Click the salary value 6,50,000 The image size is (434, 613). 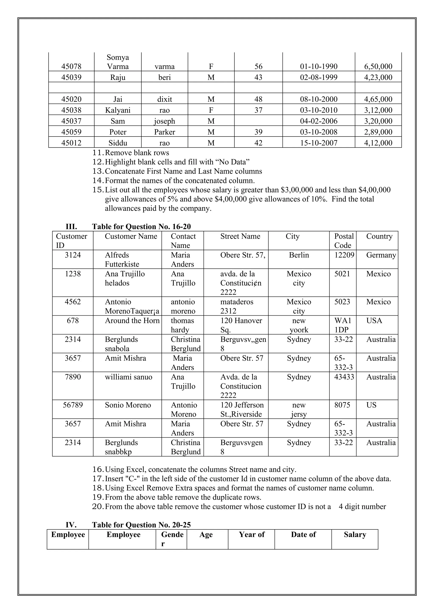click(378, 66)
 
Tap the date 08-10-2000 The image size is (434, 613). click(319, 99)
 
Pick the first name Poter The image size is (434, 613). click(118, 132)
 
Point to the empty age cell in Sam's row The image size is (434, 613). click(258, 121)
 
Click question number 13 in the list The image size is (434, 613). click(98, 171)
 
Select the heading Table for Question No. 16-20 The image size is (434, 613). click(141, 227)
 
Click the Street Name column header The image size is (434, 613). click(240, 236)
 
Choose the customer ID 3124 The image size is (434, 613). click(72, 255)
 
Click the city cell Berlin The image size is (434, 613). click(299, 255)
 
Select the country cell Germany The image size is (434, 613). click(381, 255)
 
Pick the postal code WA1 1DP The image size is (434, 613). click(343, 325)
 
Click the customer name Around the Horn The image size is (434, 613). click(132, 321)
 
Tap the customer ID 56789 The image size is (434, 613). click(72, 405)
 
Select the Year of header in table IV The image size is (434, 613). click(252, 534)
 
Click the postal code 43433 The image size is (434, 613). click(344, 377)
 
